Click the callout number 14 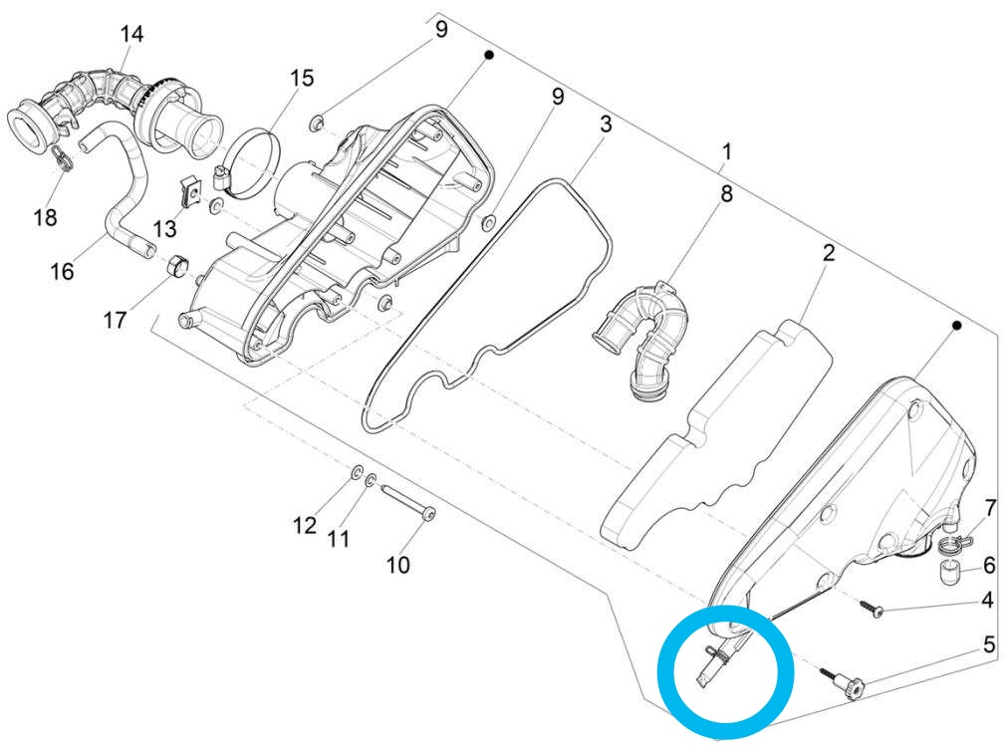132,34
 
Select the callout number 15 301,77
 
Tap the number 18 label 45,216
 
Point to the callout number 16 62,270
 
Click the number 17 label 116,320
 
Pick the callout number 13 164,230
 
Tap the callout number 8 726,193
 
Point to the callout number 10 397,565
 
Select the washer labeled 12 356,472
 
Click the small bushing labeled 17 178,266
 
